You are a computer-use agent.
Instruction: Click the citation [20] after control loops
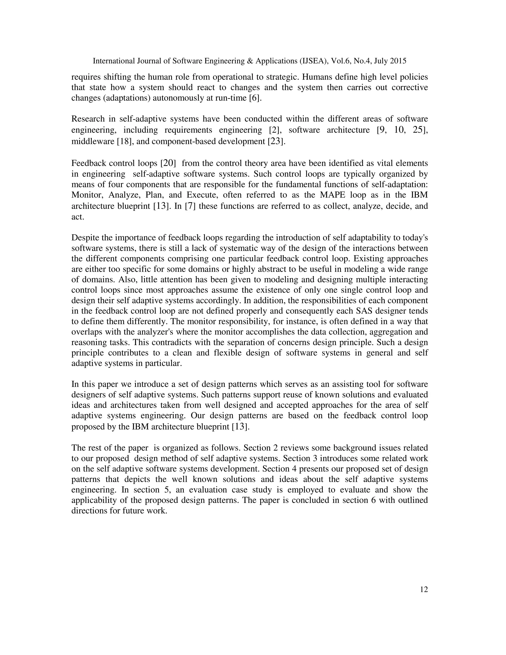[168, 163]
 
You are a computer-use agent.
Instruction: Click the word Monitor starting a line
[87, 195]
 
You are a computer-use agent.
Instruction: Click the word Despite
[85, 238]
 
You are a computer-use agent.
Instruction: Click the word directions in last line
[89, 511]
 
